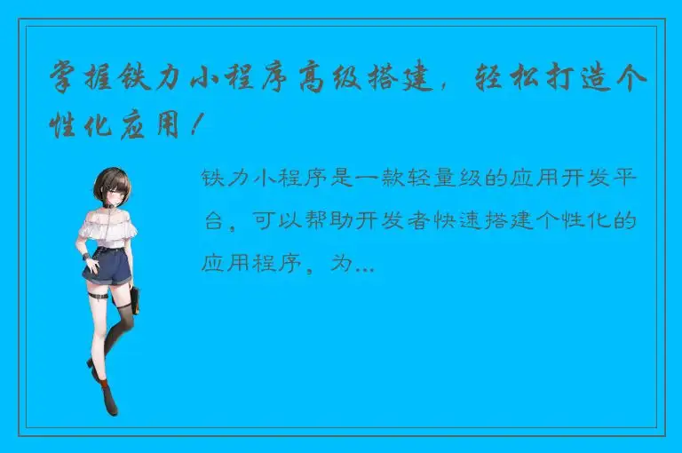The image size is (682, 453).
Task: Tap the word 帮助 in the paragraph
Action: pos(327,220)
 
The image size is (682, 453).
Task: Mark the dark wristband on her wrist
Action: pos(86,258)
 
